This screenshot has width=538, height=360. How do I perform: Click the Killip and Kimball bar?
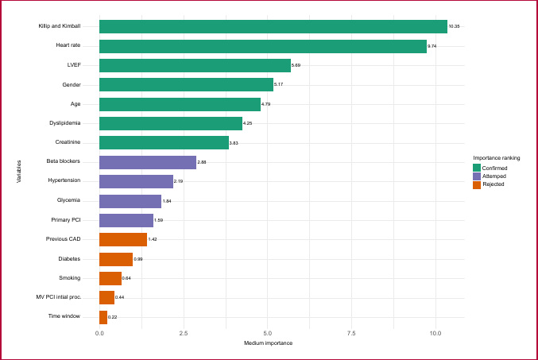click(273, 26)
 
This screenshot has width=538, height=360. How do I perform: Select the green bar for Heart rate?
click(263, 46)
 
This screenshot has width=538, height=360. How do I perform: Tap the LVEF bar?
click(195, 65)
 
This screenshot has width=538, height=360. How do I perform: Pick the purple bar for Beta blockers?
click(148, 162)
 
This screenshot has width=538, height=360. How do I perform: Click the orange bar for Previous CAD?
click(123, 239)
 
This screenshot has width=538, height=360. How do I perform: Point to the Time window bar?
click(103, 317)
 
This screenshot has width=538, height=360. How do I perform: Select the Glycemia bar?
click(130, 201)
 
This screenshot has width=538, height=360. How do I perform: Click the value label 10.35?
click(454, 26)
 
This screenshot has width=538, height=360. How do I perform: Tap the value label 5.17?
click(279, 84)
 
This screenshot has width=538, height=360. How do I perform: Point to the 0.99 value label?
click(138, 259)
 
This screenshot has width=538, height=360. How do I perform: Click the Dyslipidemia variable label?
click(65, 123)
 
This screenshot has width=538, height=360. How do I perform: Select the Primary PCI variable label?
click(66, 220)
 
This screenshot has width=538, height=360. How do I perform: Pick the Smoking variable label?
click(70, 278)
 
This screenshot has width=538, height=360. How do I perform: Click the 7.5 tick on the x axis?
click(351, 334)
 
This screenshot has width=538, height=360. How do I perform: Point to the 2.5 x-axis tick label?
click(184, 334)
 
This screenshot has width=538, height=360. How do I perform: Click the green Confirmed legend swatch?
click(477, 168)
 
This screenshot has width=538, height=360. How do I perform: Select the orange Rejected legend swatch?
click(477, 185)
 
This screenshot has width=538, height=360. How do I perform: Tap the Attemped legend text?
click(494, 176)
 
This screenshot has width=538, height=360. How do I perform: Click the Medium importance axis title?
click(269, 343)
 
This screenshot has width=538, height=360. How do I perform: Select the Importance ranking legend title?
click(497, 158)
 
